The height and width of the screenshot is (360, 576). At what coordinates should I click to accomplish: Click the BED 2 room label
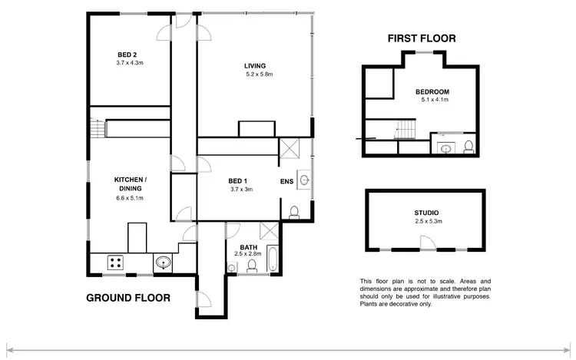[127, 54]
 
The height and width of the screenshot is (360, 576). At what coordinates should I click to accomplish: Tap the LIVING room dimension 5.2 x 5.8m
[259, 74]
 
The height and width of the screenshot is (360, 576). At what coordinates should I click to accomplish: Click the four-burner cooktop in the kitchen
[117, 263]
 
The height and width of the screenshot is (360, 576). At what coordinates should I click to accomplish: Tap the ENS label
[286, 182]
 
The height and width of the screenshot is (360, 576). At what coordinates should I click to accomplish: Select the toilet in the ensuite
[295, 212]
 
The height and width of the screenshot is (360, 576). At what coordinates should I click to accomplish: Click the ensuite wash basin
[304, 180]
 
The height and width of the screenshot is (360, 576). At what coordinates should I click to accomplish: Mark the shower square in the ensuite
[290, 147]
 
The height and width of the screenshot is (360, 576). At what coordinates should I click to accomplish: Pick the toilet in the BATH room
[252, 266]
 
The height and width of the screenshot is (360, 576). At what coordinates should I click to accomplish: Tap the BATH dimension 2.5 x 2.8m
[248, 253]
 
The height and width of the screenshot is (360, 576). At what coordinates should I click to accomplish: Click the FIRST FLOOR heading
[422, 38]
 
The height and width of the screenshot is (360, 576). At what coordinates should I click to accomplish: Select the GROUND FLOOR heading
[127, 298]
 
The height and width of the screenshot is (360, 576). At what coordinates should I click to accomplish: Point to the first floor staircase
[405, 134]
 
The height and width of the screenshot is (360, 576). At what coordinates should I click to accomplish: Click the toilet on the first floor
[468, 146]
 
